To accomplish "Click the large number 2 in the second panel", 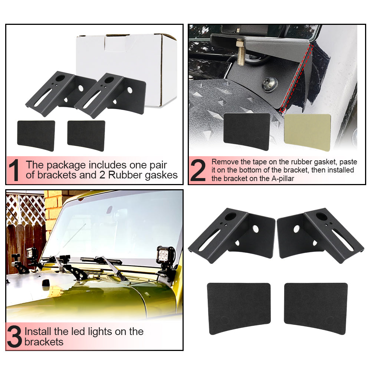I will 198,170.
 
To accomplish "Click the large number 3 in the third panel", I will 14,336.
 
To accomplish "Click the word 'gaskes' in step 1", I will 161,175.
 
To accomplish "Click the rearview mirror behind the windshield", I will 110,210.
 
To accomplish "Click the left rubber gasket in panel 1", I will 36,134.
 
